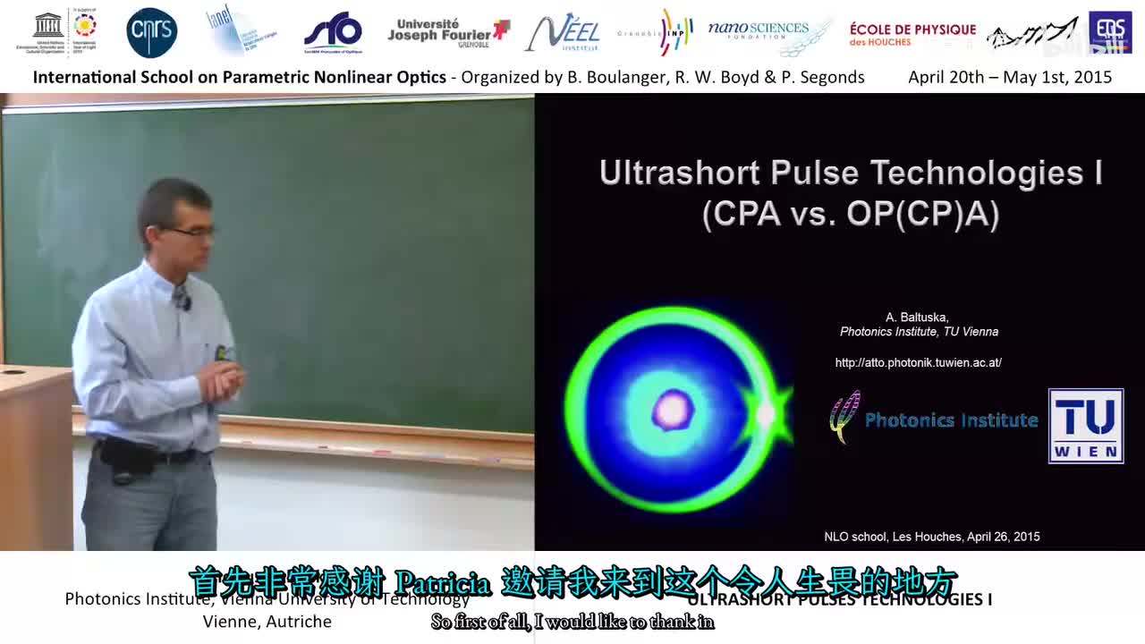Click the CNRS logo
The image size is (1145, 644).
(151, 33)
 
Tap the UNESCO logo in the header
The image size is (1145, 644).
(48, 32)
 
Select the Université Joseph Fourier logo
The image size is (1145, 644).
(447, 33)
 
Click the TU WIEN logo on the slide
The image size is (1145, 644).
(1085, 426)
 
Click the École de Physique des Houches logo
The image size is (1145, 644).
(912, 34)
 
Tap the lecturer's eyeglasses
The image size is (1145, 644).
(192, 232)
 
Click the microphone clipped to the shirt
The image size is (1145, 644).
(183, 301)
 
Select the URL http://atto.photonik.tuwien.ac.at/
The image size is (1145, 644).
(918, 362)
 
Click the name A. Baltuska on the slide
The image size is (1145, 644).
(917, 318)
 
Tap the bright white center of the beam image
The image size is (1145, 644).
(673, 411)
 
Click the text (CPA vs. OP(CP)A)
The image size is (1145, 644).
(850, 215)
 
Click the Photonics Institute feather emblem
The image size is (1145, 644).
(844, 417)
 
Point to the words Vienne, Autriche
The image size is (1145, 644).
(267, 621)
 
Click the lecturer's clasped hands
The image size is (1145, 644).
(219, 380)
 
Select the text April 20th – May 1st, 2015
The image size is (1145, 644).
(1010, 77)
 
